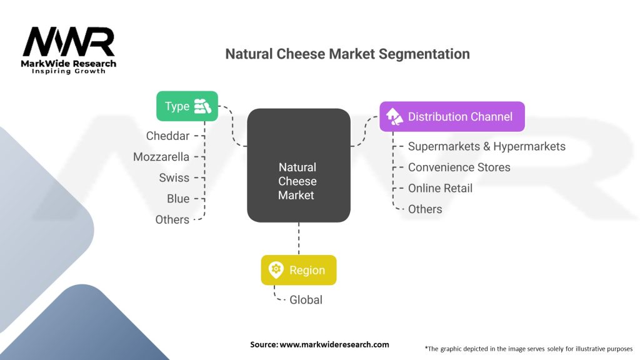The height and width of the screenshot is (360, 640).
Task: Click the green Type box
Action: tap(187, 106)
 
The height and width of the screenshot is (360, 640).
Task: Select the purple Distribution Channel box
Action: tap(452, 117)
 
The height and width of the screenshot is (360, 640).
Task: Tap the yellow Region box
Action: tap(298, 270)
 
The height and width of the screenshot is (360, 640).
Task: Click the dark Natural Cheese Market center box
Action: tap(298, 165)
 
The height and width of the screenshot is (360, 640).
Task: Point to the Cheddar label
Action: tap(167, 136)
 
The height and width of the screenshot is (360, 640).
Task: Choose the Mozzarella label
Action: tap(161, 157)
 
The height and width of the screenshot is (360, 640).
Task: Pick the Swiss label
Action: tap(174, 178)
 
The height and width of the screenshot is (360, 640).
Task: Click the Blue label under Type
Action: tap(178, 199)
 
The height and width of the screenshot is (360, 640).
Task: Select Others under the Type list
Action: tap(172, 219)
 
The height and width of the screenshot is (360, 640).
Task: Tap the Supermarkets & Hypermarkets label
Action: tap(486, 146)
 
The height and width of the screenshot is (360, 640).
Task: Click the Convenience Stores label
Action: tap(459, 167)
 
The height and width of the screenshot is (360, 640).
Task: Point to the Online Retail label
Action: tap(441, 188)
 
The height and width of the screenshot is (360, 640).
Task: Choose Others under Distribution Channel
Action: tap(425, 209)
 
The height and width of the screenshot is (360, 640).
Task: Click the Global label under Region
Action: tap(306, 300)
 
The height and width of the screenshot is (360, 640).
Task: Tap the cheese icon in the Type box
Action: tap(202, 106)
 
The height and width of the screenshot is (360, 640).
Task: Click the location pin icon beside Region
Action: tap(276, 270)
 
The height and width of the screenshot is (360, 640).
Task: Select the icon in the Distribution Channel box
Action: tap(394, 117)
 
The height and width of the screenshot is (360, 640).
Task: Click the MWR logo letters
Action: tap(69, 42)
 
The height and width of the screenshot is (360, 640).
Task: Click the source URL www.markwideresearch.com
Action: tap(334, 344)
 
